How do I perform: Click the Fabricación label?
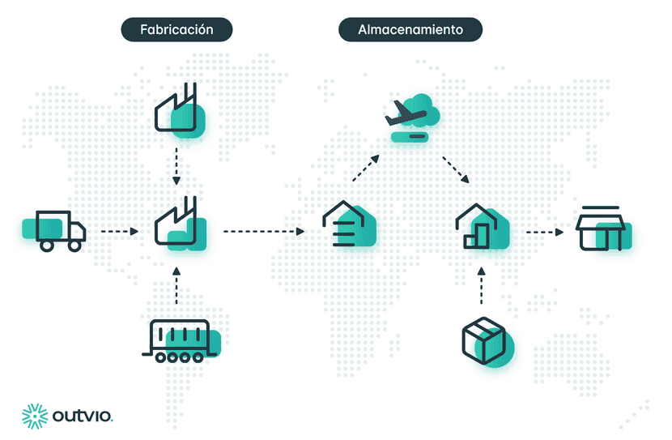177,30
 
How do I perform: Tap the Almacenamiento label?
410,30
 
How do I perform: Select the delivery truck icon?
54,231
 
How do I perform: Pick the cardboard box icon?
487,342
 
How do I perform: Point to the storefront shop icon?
603,229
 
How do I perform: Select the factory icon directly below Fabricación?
180,110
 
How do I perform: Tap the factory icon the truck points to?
180,224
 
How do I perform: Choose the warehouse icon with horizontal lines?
349,224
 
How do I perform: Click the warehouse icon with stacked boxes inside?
483,226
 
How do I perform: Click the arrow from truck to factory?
120,232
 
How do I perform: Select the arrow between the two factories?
177,166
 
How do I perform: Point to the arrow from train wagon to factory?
177,285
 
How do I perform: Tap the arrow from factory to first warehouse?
264,232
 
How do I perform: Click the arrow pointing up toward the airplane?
366,168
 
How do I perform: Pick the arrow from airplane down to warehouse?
456,170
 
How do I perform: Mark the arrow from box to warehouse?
481,285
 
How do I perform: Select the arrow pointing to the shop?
545,232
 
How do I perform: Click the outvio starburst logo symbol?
35,416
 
